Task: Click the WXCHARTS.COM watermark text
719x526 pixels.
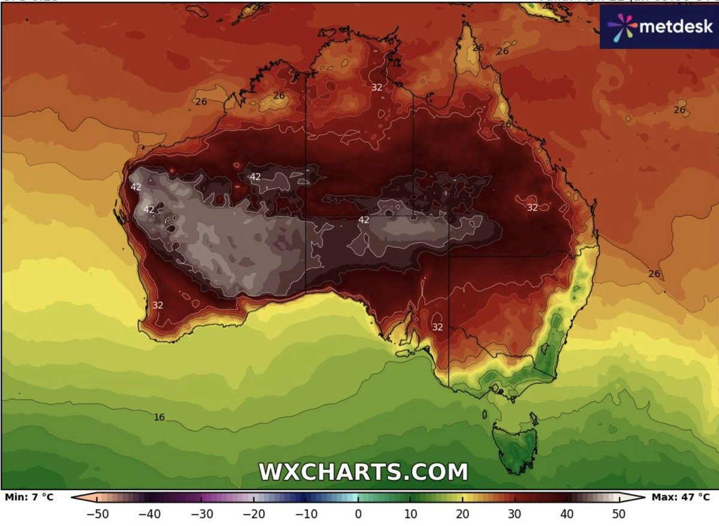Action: [x=363, y=471]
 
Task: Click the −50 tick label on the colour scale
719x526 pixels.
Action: [x=96, y=514]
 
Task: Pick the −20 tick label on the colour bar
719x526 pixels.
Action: [x=253, y=514]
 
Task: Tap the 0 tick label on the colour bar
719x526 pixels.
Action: [x=358, y=514]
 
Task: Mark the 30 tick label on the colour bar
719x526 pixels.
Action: [x=514, y=514]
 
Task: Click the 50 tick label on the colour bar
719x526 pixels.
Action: [x=618, y=514]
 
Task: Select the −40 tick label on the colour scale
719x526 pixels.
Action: [x=149, y=514]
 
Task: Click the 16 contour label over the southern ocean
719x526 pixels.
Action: [x=159, y=417]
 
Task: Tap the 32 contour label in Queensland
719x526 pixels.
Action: [x=532, y=208]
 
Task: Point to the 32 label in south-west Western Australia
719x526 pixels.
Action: [x=158, y=305]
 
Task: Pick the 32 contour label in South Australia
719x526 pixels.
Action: [x=437, y=327]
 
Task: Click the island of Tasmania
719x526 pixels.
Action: [x=515, y=444]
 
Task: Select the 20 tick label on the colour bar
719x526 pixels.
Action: [x=462, y=514]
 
